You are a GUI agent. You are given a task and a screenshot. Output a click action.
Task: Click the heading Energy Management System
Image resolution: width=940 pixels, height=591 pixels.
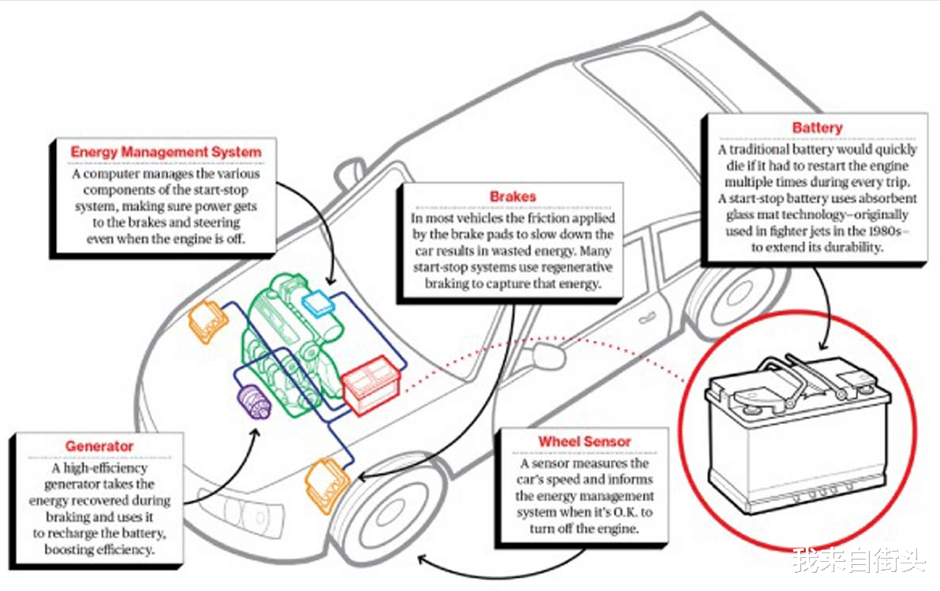click(166, 151)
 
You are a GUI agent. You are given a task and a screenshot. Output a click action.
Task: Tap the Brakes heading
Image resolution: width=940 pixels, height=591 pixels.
click(513, 196)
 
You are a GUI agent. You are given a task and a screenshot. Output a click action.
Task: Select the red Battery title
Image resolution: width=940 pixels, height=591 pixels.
click(817, 127)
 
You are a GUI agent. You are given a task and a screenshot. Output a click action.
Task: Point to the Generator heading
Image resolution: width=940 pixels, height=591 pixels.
click(99, 447)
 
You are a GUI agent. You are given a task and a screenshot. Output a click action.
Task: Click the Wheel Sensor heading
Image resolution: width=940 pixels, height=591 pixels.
click(584, 441)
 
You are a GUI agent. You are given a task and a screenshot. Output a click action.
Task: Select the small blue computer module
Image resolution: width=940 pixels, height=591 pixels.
click(319, 303)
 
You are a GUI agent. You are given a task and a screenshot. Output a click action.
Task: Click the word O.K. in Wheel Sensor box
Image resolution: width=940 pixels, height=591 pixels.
click(621, 513)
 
